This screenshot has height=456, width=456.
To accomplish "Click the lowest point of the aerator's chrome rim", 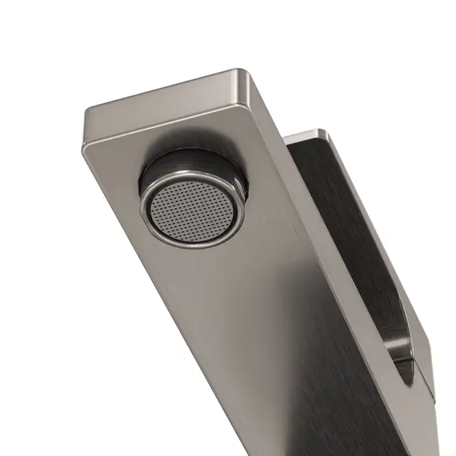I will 192,246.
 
